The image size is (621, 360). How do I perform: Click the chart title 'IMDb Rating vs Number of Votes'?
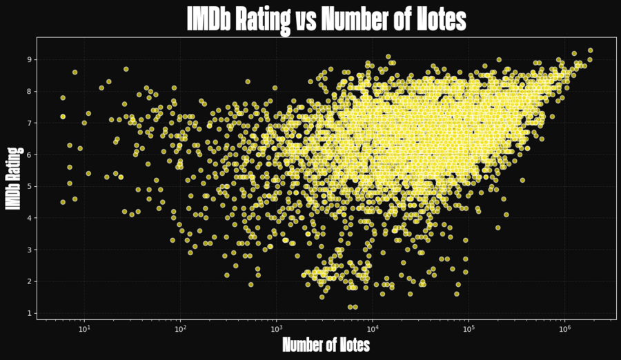click(326, 19)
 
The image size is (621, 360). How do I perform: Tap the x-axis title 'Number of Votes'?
click(326, 344)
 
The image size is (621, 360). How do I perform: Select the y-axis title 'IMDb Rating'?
click(12, 178)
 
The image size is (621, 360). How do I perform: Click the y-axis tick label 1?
click(29, 313)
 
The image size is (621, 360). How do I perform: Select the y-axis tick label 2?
click(29, 281)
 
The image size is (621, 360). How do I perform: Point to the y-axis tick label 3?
click(29, 250)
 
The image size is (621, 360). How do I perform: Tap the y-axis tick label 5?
click(29, 186)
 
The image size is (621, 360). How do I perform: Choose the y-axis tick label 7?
click(29, 123)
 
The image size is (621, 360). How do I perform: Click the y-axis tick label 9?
click(29, 59)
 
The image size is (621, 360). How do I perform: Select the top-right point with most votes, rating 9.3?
click(590, 50)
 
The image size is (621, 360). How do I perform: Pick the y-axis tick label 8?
click(29, 91)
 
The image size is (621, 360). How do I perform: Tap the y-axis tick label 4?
click(29, 218)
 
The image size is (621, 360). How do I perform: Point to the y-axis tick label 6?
click(29, 154)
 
